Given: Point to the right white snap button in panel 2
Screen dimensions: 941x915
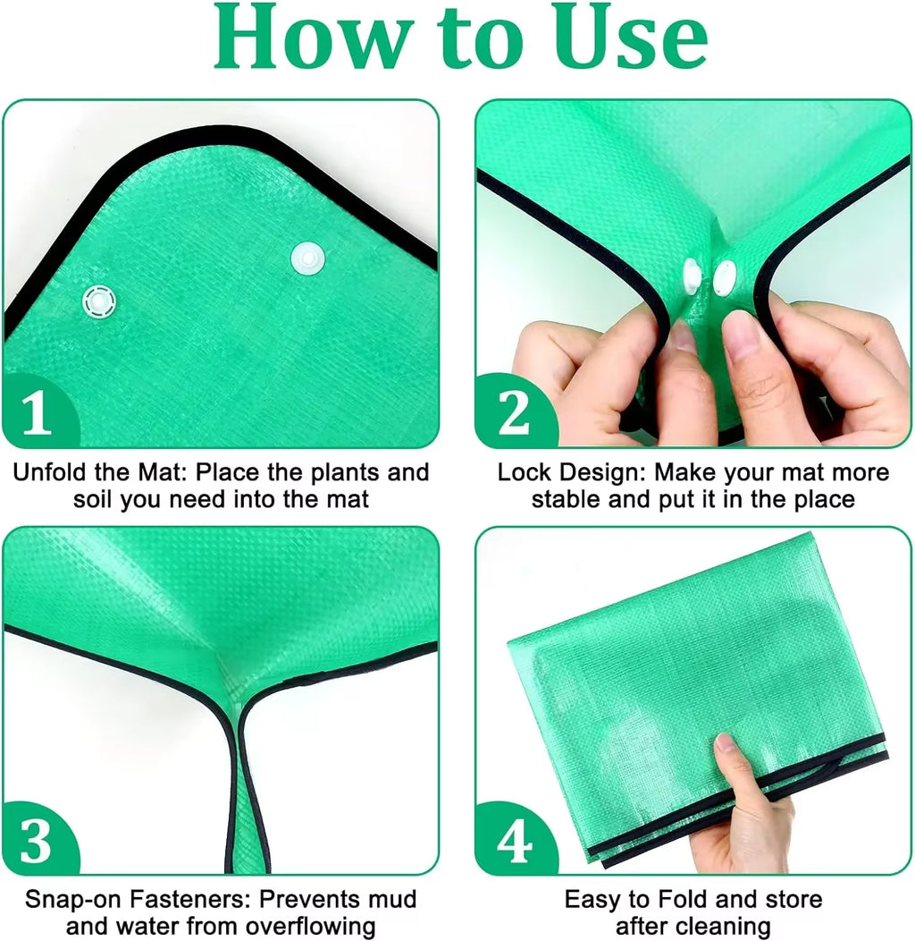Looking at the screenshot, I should [x=723, y=279].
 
